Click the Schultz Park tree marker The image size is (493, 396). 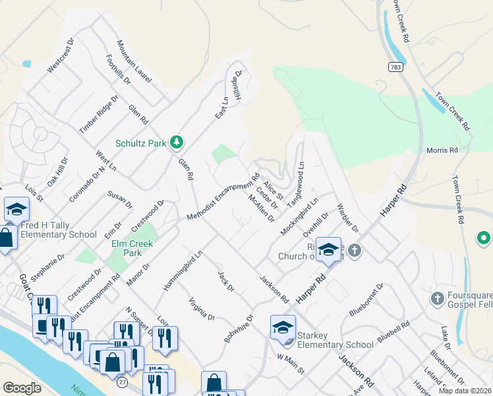(x=176, y=142)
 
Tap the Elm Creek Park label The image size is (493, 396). (x=132, y=248)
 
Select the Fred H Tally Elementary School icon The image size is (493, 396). (x=16, y=210)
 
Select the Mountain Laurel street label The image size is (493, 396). (x=134, y=61)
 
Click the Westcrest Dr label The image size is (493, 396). (x=62, y=54)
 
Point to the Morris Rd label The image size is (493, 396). (x=442, y=150)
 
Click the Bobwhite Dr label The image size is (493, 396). (x=239, y=327)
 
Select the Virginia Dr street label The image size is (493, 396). (x=202, y=308)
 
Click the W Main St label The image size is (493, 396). (x=290, y=364)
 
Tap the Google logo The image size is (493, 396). (x=22, y=388)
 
